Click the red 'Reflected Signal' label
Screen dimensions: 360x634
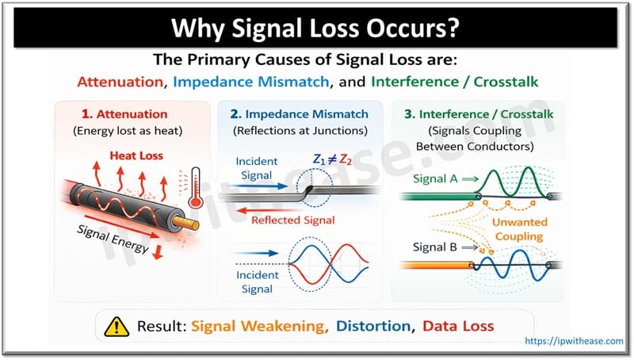[294, 220]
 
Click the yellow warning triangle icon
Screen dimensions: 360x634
[120, 326]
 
